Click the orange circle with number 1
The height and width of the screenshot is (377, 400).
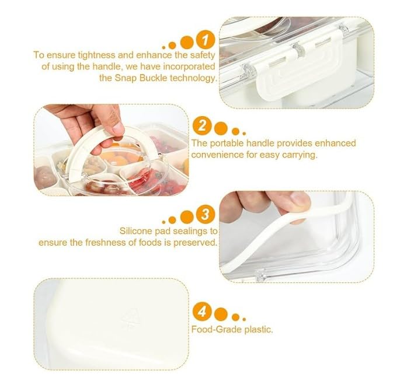(206, 40)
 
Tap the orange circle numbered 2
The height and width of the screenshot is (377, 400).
(202, 125)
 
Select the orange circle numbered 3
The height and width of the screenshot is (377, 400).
(206, 214)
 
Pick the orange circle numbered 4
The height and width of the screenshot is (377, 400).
(202, 311)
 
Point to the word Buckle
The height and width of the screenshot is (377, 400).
(153, 78)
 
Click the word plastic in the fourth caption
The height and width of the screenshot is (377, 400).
(259, 329)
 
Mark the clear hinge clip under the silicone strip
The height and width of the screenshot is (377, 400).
(260, 275)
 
